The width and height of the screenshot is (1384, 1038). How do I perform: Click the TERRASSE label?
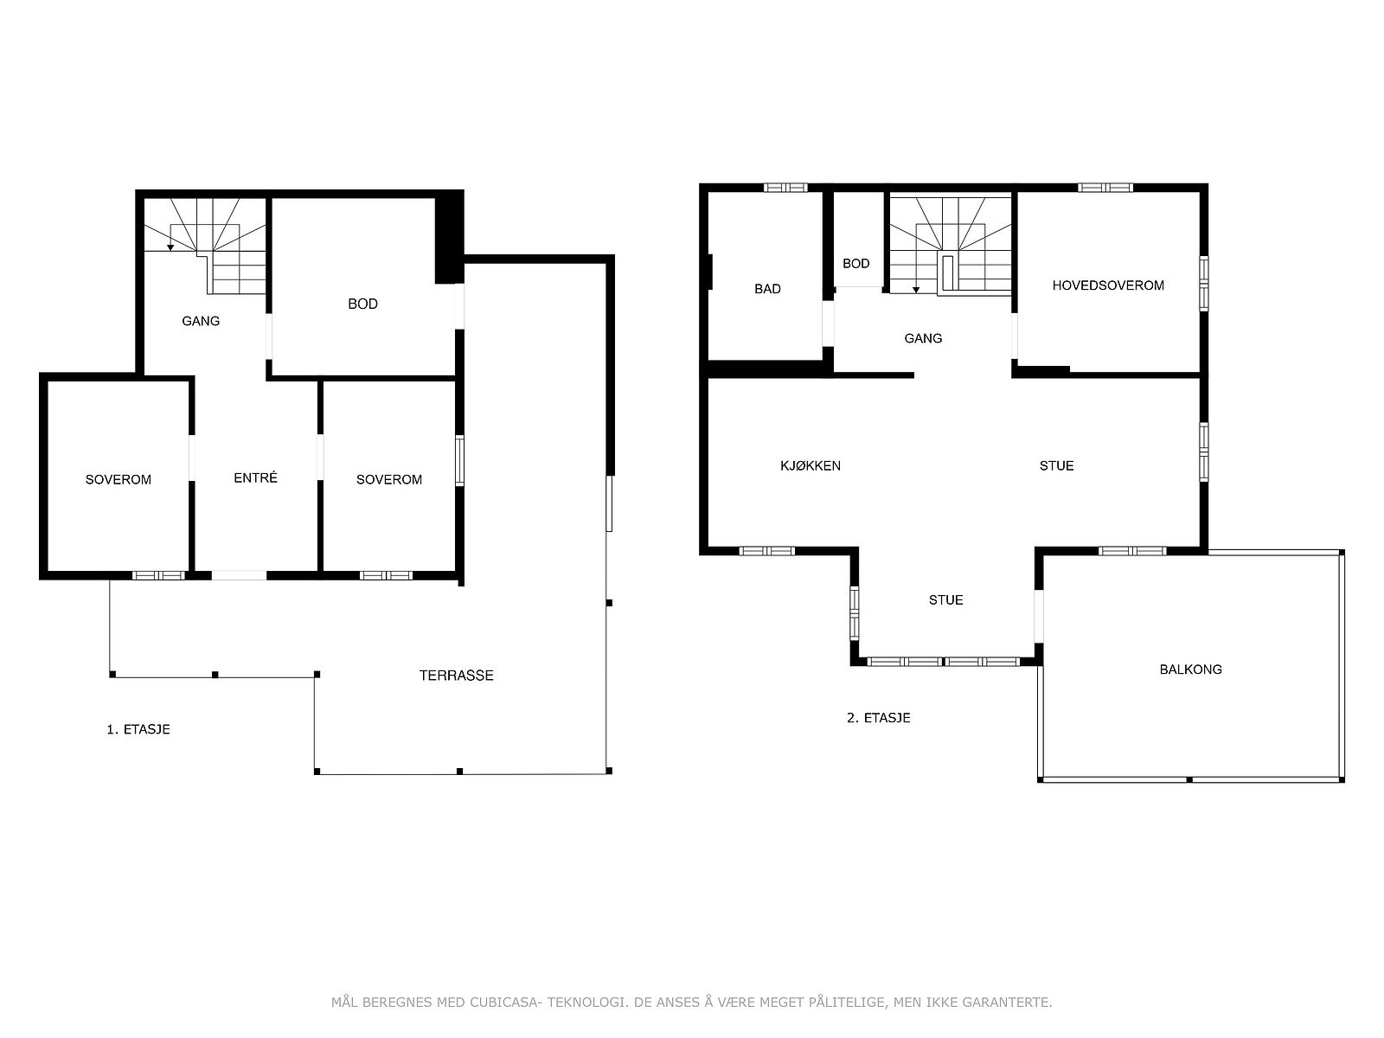click(x=456, y=676)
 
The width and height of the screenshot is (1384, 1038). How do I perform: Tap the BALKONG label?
click(x=1190, y=670)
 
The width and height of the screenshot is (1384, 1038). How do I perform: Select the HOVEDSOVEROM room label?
click(x=1108, y=285)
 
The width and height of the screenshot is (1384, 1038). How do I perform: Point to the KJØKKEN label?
click(x=811, y=465)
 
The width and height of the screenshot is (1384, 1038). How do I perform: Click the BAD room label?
click(x=767, y=289)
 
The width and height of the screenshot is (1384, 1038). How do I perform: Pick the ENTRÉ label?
click(x=255, y=477)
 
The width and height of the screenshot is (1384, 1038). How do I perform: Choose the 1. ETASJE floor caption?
click(x=138, y=729)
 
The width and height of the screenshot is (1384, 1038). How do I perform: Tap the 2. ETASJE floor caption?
click(x=878, y=718)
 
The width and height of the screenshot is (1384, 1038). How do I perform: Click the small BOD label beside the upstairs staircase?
click(x=855, y=264)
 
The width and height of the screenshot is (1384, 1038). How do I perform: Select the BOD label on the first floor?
click(x=362, y=304)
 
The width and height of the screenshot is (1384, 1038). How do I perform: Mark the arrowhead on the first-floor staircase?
click(x=170, y=247)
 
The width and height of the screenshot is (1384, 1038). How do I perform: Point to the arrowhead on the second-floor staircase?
click(x=916, y=290)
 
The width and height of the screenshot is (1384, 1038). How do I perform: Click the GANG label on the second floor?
click(x=923, y=338)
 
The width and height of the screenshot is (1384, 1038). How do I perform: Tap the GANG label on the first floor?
click(x=201, y=321)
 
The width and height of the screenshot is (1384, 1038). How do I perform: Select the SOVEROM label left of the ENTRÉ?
click(x=118, y=479)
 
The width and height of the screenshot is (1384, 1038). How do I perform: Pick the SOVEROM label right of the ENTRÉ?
click(x=389, y=479)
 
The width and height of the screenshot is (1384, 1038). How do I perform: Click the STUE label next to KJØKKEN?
click(x=1056, y=465)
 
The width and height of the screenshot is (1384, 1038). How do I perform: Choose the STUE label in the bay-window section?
click(x=945, y=600)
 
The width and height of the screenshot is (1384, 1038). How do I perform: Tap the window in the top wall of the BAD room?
click(x=785, y=187)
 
